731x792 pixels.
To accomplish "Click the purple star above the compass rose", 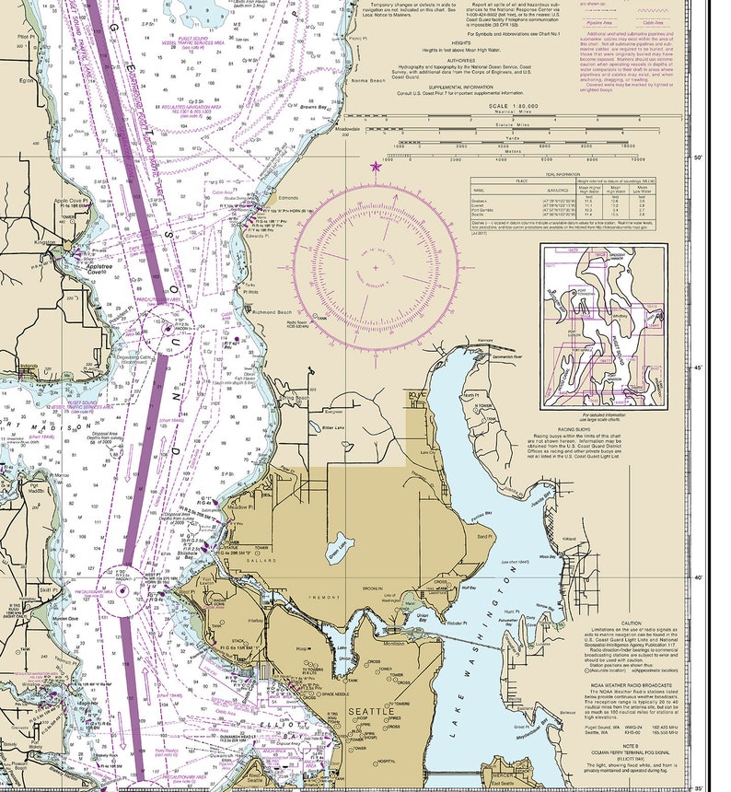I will tap(374, 167).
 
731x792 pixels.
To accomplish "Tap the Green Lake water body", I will tap(340, 542).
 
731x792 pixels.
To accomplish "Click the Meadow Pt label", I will tap(238, 506).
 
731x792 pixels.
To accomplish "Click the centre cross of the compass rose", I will tap(375, 268).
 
